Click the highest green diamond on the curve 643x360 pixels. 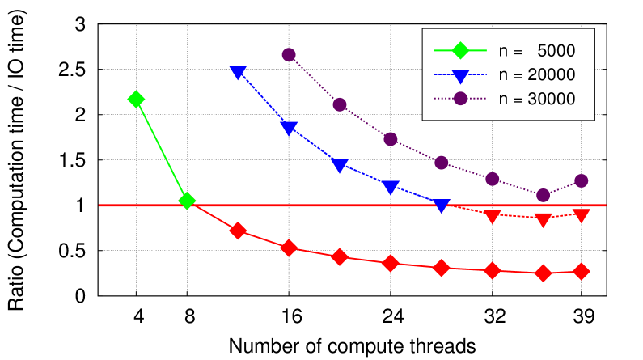pos(136,99)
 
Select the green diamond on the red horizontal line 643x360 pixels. pos(187,200)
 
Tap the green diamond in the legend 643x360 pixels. pos(460,50)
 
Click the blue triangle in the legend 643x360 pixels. pos(460,76)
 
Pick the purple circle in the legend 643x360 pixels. pos(460,98)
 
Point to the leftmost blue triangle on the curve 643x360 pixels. pos(238,72)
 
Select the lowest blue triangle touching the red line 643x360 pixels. pos(442,205)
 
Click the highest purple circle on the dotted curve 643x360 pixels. pos(289,54)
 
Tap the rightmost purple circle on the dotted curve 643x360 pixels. pos(581,180)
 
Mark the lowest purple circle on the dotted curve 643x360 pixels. pos(544,195)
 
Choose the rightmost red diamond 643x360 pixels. pos(581,271)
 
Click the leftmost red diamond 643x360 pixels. pos(238,231)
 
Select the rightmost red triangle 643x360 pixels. pos(581,215)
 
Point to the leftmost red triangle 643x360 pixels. pos(493,216)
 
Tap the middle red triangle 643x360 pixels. pos(544,219)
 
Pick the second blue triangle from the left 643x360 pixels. pos(289,128)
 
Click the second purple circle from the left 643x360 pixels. pos(340,104)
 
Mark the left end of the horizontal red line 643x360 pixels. pos(99,205)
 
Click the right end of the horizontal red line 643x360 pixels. pos(605,205)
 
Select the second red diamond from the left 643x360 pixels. pos(289,248)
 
